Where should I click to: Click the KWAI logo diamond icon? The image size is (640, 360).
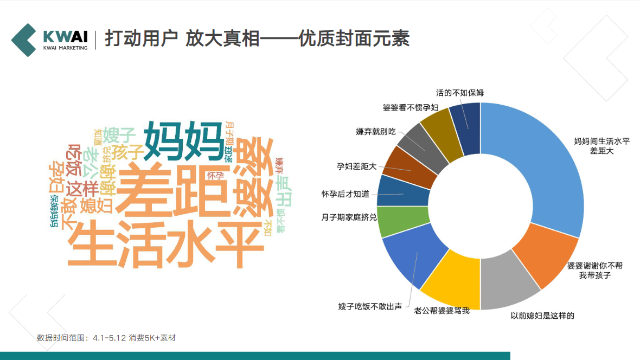pos(25,40)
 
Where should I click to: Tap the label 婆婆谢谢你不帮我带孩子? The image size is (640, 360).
pos(595,271)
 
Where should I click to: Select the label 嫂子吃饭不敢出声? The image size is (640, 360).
pos(370,307)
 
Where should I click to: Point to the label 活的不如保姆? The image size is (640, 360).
pos(459,93)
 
